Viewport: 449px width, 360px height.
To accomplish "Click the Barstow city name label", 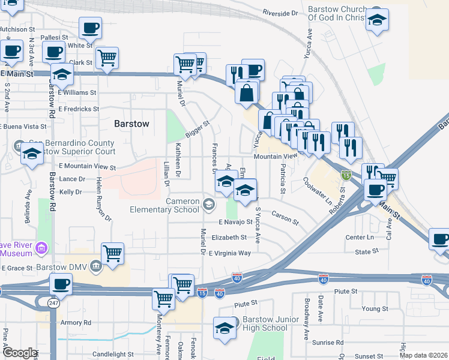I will click(x=131, y=124).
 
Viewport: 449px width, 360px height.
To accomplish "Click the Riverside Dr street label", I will click(x=280, y=13).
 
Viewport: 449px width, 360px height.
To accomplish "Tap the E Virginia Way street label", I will click(x=230, y=253).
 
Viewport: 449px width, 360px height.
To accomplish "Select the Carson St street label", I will click(x=285, y=217).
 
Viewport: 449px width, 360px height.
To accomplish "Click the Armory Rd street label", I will click(x=76, y=322).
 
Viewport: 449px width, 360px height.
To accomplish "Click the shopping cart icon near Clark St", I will click(x=107, y=59).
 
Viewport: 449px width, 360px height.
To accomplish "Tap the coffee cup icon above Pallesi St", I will click(x=90, y=28).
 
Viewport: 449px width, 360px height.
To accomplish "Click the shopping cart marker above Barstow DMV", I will click(x=112, y=254).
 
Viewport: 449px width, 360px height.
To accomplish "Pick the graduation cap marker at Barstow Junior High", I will click(x=224, y=328).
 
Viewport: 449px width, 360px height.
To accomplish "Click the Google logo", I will click(x=20, y=353).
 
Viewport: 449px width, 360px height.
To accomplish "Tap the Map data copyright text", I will click(x=424, y=355).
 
